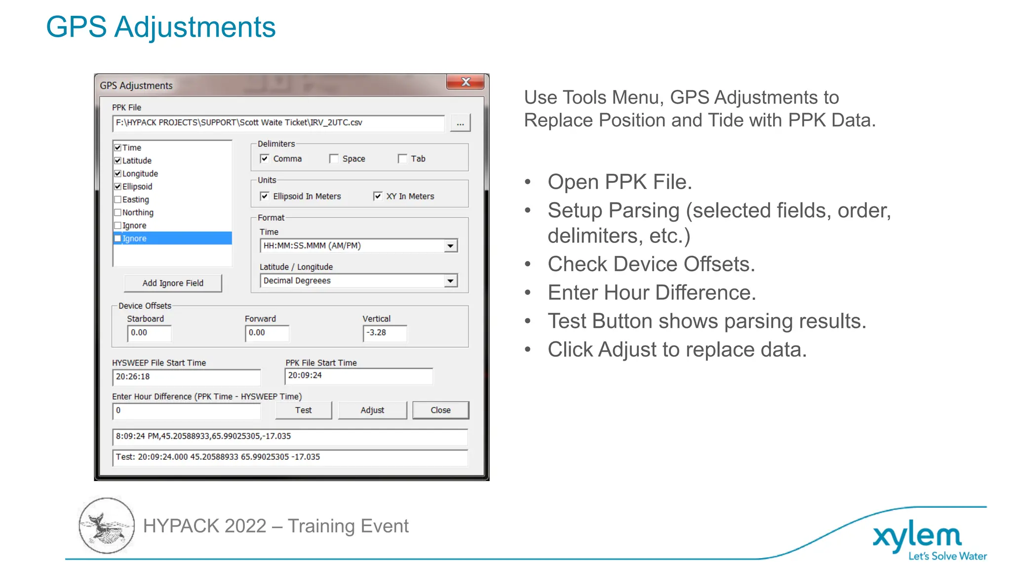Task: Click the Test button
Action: [x=303, y=410]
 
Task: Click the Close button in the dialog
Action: [x=440, y=410]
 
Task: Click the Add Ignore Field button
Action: [x=173, y=283]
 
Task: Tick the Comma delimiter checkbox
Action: [x=265, y=159]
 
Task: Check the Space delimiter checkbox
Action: [x=334, y=159]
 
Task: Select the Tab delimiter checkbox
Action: [x=402, y=159]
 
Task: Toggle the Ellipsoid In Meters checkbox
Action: [x=265, y=196]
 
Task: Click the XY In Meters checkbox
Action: [x=378, y=196]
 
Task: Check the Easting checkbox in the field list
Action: [x=118, y=200]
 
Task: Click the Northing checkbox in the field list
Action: [x=118, y=212]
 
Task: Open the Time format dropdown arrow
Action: [x=450, y=245]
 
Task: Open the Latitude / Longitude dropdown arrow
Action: [x=450, y=281]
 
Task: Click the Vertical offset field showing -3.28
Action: [x=385, y=333]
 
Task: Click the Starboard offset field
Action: [x=149, y=333]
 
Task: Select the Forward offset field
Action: [x=267, y=333]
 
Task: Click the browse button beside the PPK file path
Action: [x=460, y=123]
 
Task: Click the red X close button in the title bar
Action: [x=465, y=82]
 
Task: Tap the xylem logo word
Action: [x=917, y=536]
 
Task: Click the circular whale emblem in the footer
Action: [x=107, y=526]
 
